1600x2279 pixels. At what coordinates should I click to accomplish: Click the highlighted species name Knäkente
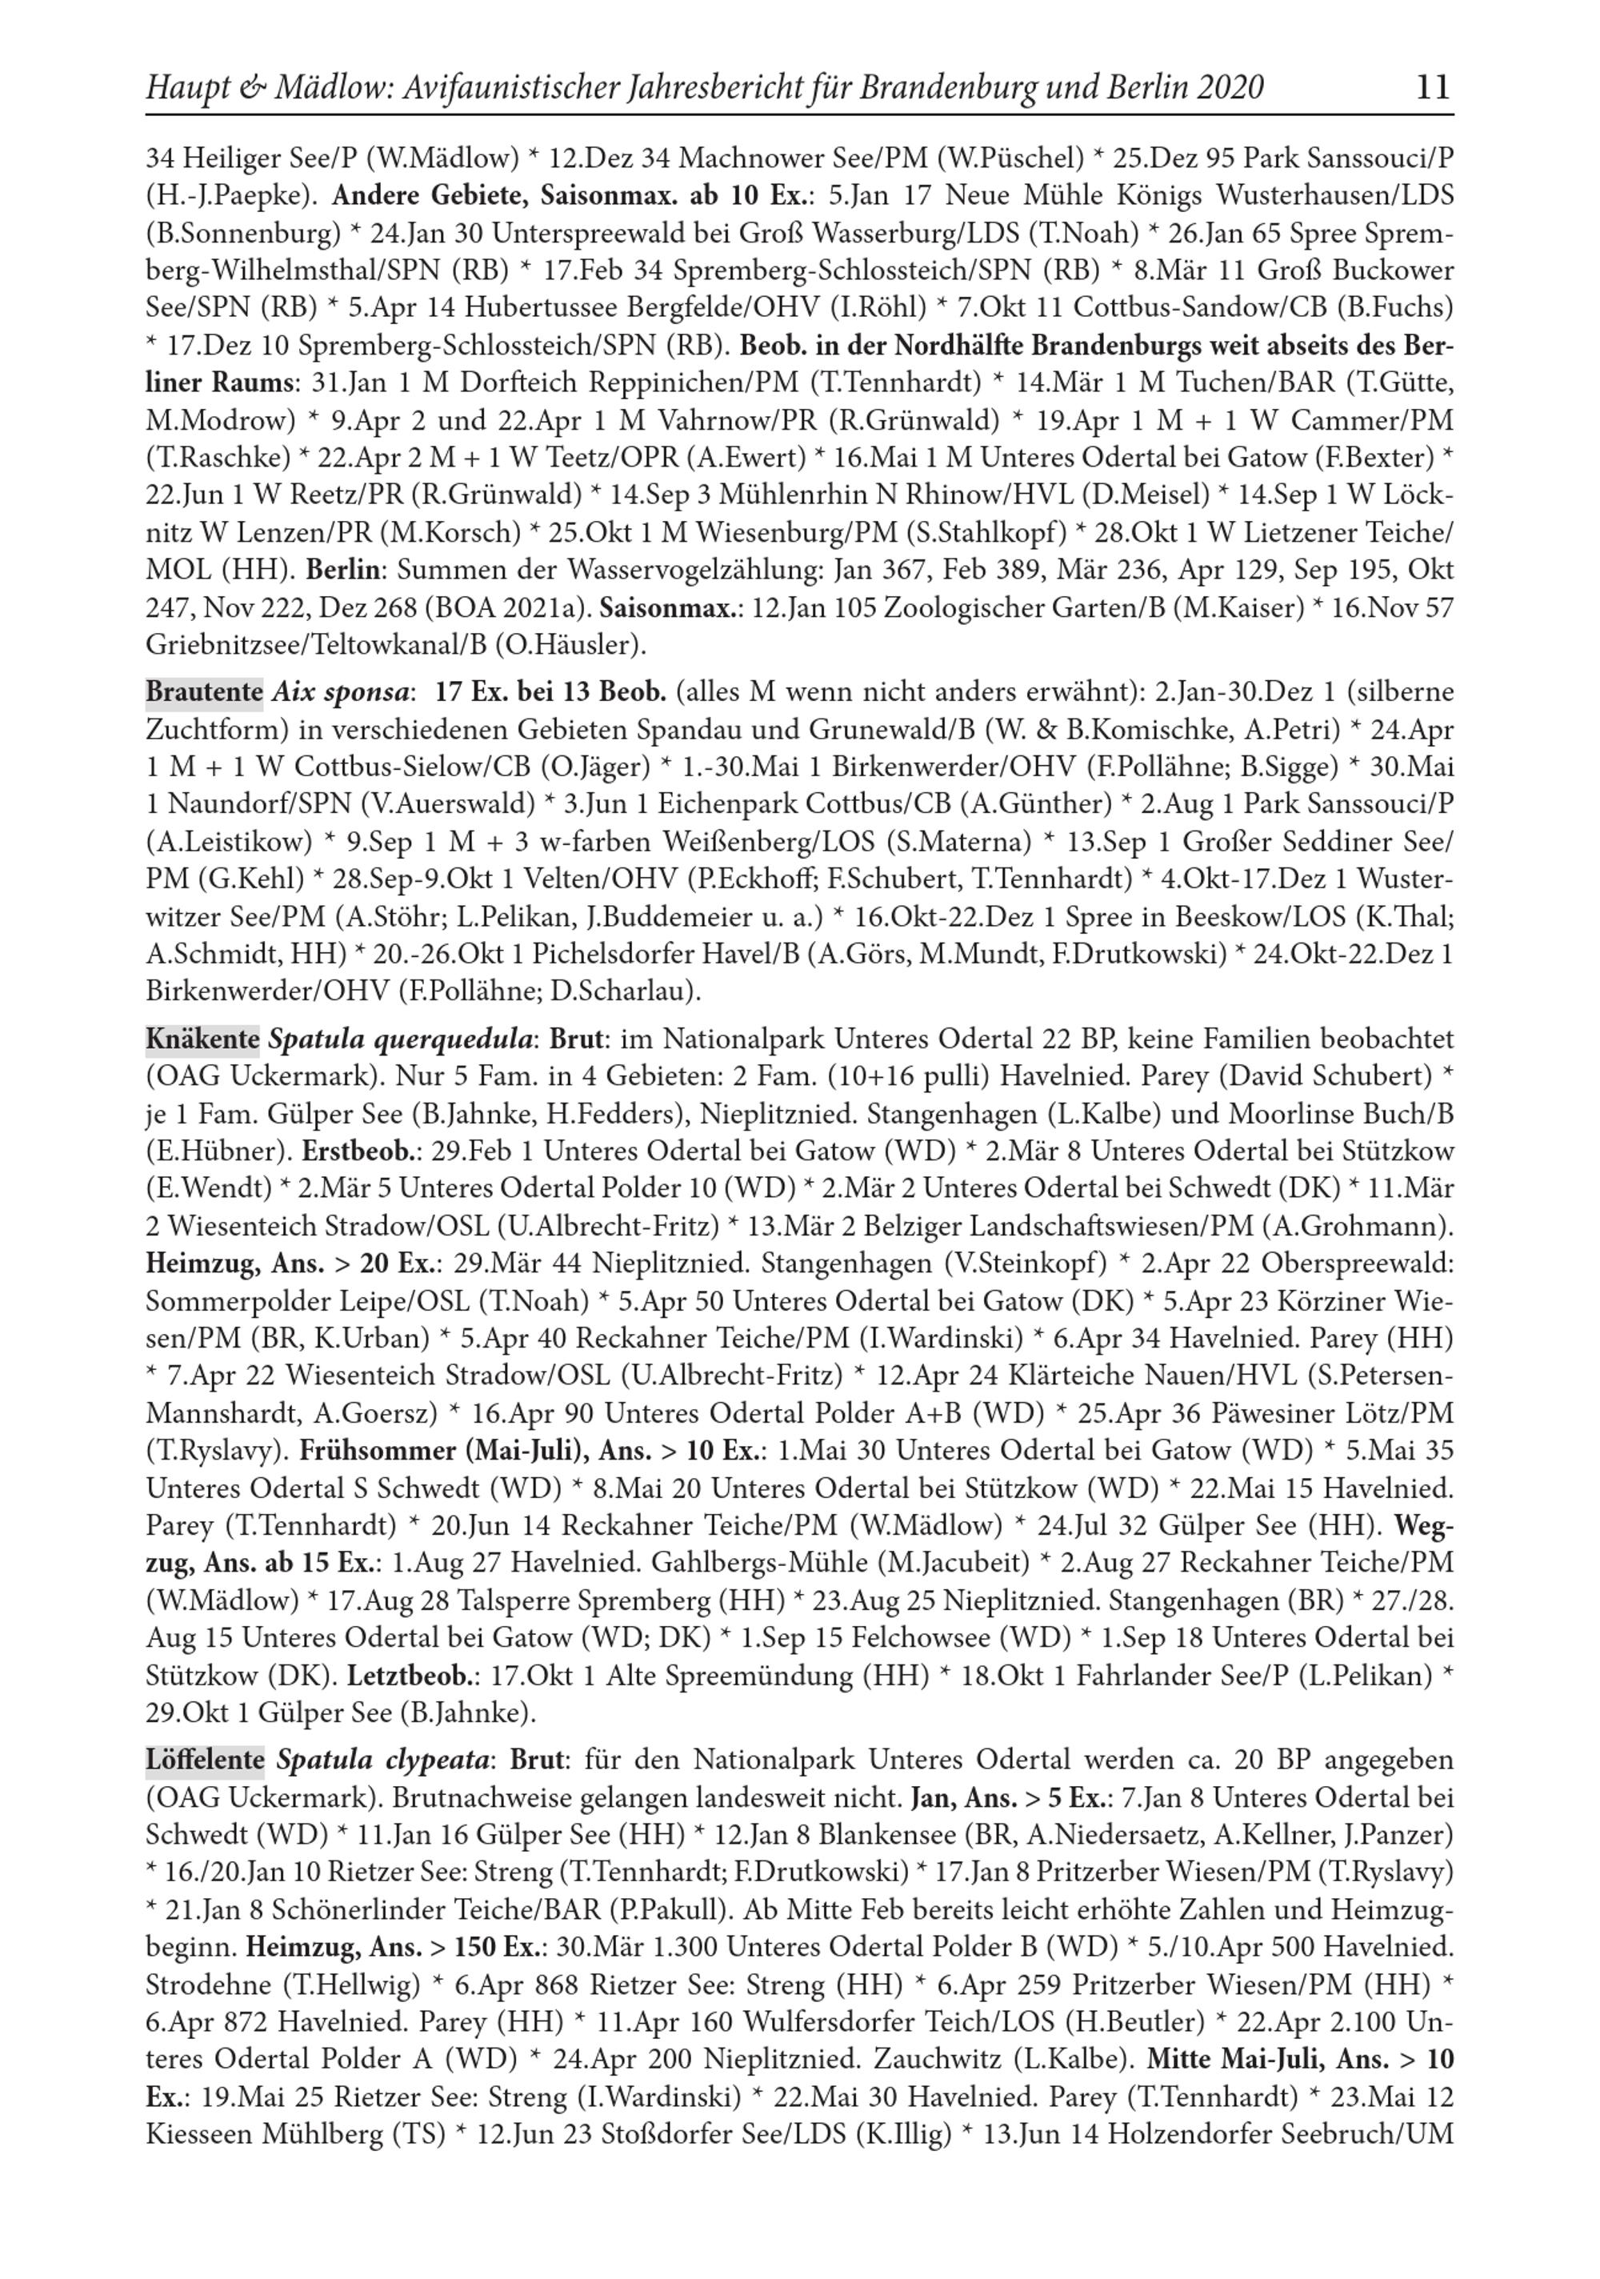(x=202, y=1039)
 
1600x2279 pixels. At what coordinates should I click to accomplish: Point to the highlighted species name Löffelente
(x=205, y=1760)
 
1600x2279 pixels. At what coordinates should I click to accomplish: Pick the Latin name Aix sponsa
(x=341, y=692)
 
